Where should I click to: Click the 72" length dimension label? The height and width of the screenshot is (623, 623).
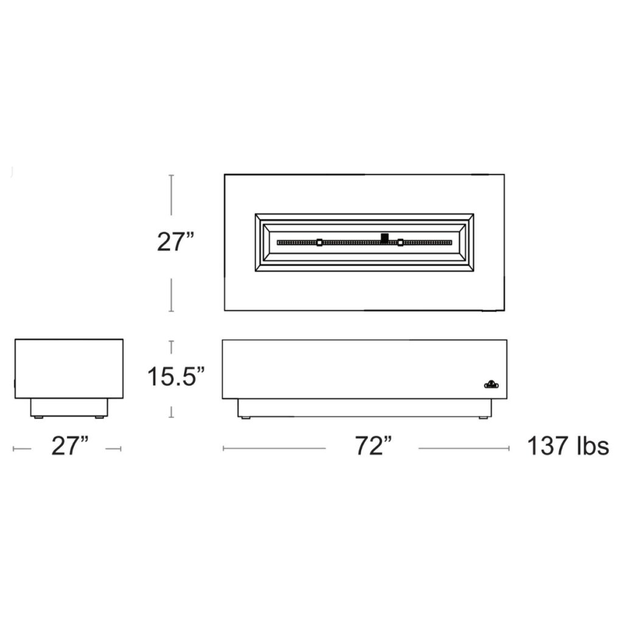[x=373, y=446]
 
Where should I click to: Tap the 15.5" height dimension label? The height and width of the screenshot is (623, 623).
[x=176, y=376]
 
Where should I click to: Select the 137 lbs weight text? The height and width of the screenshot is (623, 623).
[x=568, y=446]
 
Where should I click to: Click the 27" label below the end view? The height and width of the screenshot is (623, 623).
[x=69, y=446]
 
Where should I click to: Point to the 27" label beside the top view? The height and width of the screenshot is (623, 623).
[x=175, y=242]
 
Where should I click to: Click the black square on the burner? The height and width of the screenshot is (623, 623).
[x=385, y=238]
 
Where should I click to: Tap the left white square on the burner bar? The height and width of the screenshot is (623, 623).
[x=319, y=242]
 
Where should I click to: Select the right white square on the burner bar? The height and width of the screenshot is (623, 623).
[x=400, y=242]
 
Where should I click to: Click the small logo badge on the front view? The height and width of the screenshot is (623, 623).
[x=492, y=385]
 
